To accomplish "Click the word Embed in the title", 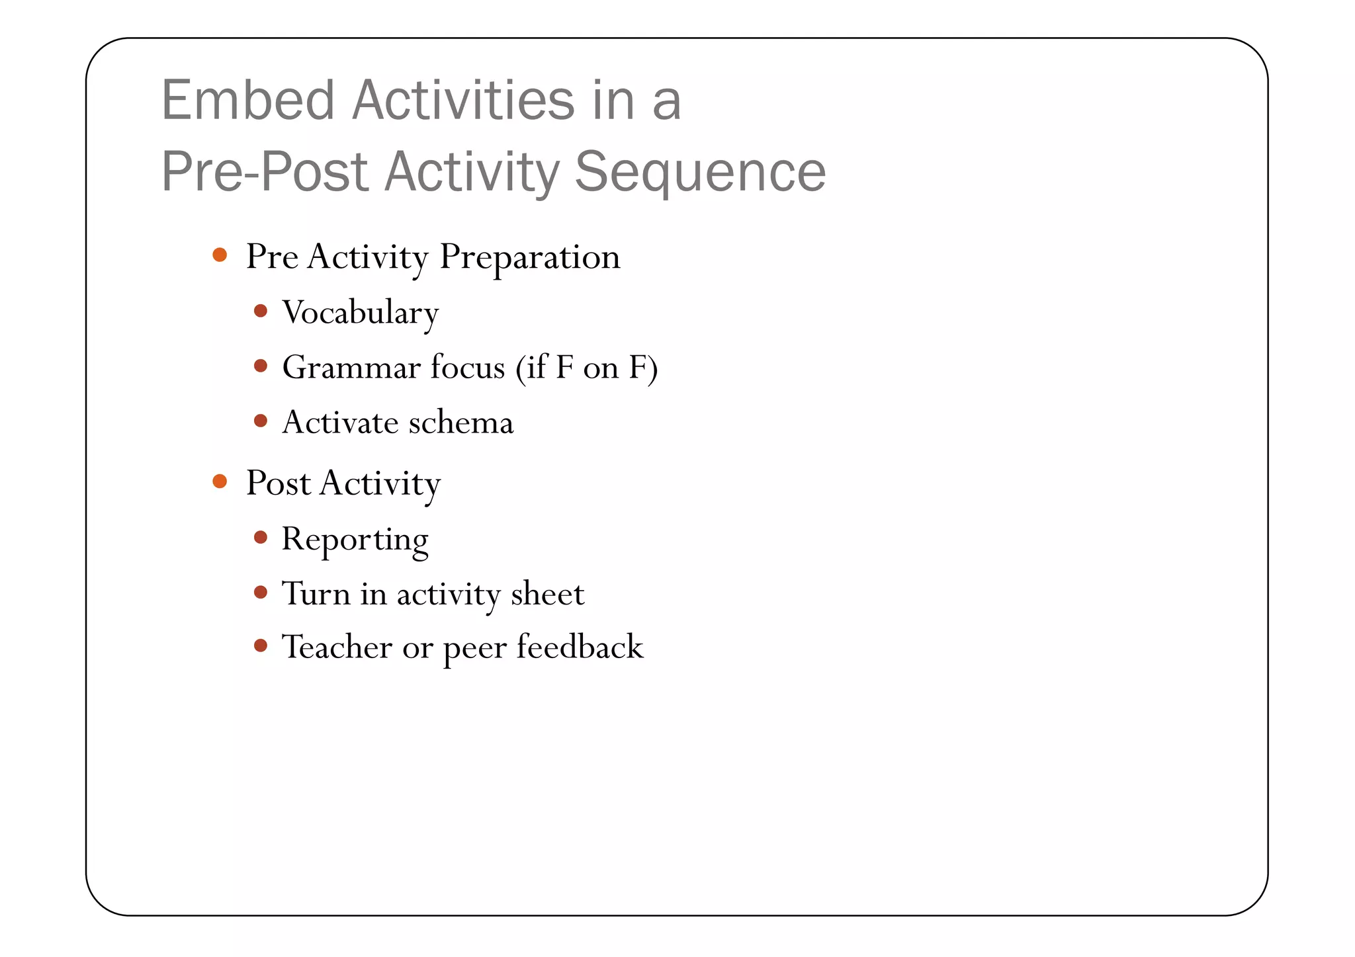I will coord(248,101).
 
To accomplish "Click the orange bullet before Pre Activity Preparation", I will coord(220,255).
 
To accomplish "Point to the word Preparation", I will coord(529,257).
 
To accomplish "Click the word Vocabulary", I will coord(361,313).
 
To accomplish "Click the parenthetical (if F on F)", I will coord(586,368).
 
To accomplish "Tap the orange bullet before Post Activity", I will coord(220,481).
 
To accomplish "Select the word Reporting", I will coord(355,540).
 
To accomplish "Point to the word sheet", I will coord(548,593).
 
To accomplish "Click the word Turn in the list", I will coord(316,593).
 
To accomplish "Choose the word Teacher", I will coord(337,647).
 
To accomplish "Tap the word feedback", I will coord(580,647).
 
